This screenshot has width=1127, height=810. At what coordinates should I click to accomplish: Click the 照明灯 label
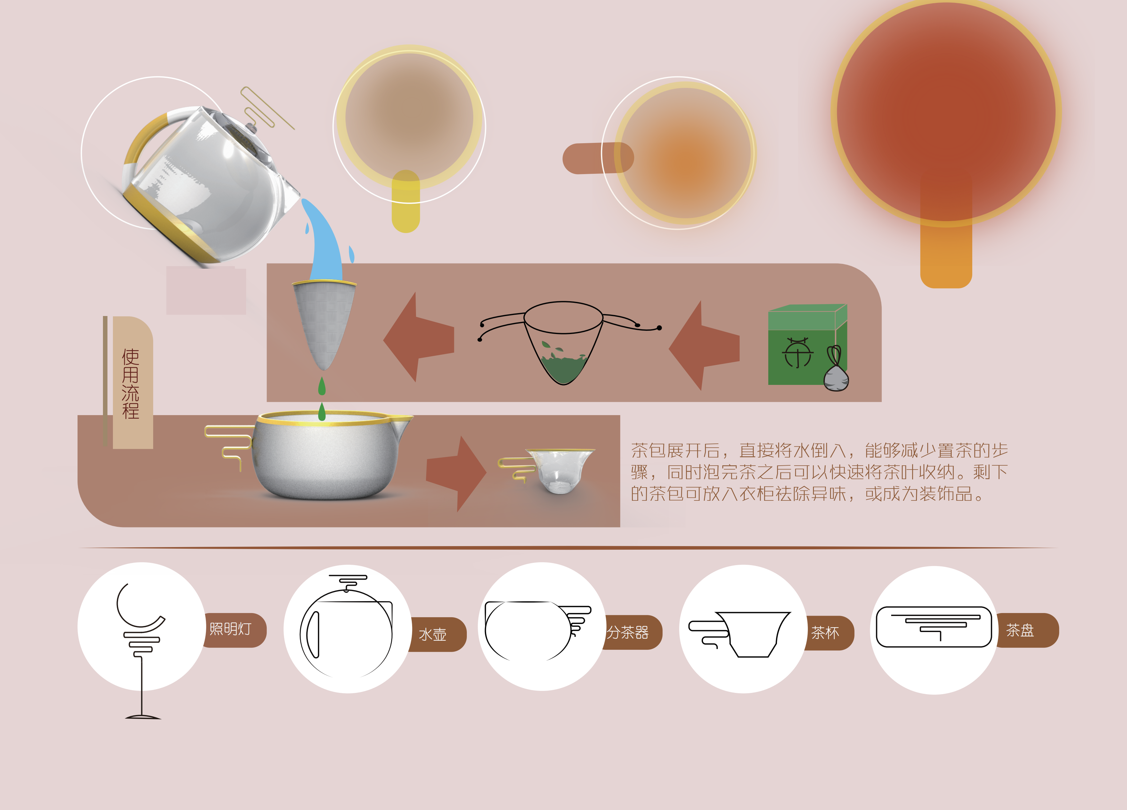[231, 629]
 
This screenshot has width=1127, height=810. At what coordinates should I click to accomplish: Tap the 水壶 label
[433, 635]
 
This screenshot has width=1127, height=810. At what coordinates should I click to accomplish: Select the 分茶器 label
[628, 633]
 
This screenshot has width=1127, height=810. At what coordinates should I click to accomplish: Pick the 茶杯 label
[825, 633]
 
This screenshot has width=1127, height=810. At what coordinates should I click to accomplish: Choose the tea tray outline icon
[934, 627]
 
